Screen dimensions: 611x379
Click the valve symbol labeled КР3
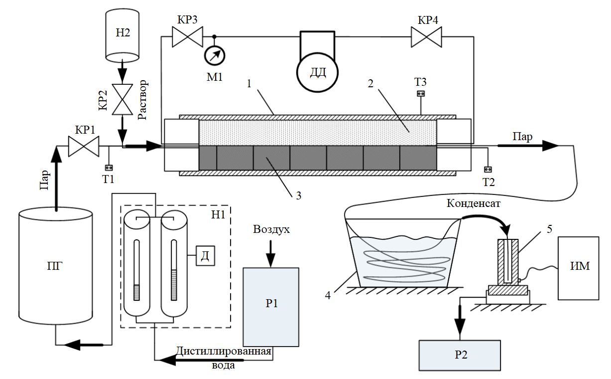click(187, 36)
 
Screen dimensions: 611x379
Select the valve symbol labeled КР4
click(426, 37)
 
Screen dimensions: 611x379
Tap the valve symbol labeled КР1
click(84, 146)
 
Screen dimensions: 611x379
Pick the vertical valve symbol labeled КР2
click(122, 99)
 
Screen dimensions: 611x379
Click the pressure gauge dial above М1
click(215, 55)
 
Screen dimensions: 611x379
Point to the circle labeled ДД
click(318, 72)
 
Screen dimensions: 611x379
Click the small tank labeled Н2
click(122, 35)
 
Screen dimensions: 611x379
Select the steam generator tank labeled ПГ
click(56, 265)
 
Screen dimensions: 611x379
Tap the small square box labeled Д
click(205, 256)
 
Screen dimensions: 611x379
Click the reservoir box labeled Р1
click(271, 307)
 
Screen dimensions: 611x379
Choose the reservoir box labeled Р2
click(460, 355)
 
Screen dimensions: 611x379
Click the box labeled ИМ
click(578, 268)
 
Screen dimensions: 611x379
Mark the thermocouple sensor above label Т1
click(109, 168)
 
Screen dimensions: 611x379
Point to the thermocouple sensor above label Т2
click(488, 170)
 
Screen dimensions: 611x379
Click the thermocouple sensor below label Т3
click(421, 94)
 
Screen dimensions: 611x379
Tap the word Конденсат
click(474, 203)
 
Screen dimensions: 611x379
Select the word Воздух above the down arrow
click(271, 229)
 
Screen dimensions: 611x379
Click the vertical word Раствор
click(142, 100)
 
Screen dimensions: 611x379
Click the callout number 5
click(549, 229)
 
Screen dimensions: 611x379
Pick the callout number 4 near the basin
click(328, 295)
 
